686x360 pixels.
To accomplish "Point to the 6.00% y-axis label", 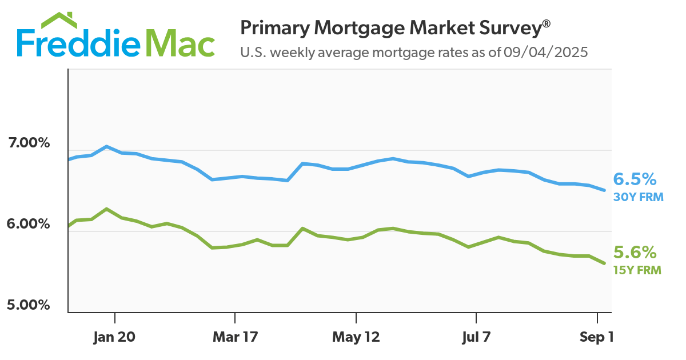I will tap(29, 224).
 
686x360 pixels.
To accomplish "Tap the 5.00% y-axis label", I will tap(29, 305).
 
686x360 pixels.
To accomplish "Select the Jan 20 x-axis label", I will tap(114, 338).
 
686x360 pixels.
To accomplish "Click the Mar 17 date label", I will tap(234, 338).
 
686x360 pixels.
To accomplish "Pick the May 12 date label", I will tap(356, 338).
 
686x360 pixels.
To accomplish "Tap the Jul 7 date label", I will tap(476, 338).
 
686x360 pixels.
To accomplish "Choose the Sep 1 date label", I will tap(597, 338).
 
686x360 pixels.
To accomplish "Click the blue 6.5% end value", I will tap(635, 180).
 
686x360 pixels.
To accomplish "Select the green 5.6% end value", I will tap(635, 253).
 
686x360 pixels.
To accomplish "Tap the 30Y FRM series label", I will tap(637, 197).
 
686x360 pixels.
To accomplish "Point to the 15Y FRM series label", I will tap(637, 270).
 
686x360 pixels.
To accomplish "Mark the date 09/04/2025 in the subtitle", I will tap(546, 53).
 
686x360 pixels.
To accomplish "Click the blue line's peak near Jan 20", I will tap(106, 146).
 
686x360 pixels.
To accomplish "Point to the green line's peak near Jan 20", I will tap(106, 209).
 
